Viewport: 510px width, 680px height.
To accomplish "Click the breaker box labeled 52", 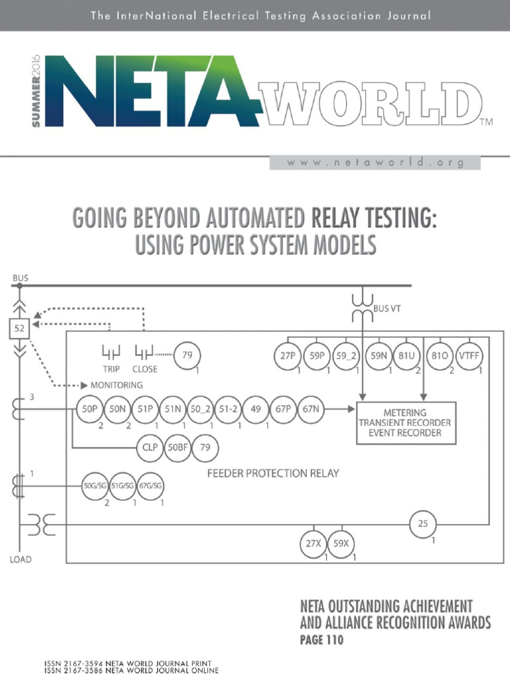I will [x=19, y=327].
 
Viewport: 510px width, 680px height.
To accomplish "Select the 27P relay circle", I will [x=288, y=356].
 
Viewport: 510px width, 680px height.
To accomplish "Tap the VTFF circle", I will [x=469, y=356].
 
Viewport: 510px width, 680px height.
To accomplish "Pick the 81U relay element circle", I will [x=406, y=356].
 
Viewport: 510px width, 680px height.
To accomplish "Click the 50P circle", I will [x=89, y=410].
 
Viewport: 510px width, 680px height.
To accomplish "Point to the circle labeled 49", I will [x=256, y=410].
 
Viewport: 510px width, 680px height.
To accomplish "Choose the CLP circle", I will [x=151, y=448].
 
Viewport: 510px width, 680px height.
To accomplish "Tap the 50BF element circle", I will [x=178, y=448].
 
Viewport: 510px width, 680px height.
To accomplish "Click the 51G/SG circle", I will [x=123, y=486].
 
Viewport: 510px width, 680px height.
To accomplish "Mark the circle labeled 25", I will [x=423, y=525].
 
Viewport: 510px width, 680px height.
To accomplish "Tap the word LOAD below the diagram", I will [x=20, y=559].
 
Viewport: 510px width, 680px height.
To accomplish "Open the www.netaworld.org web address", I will [x=375, y=163].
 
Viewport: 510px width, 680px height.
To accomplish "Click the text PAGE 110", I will [x=322, y=641].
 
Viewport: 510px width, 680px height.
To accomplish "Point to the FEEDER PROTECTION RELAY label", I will [x=274, y=473].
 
